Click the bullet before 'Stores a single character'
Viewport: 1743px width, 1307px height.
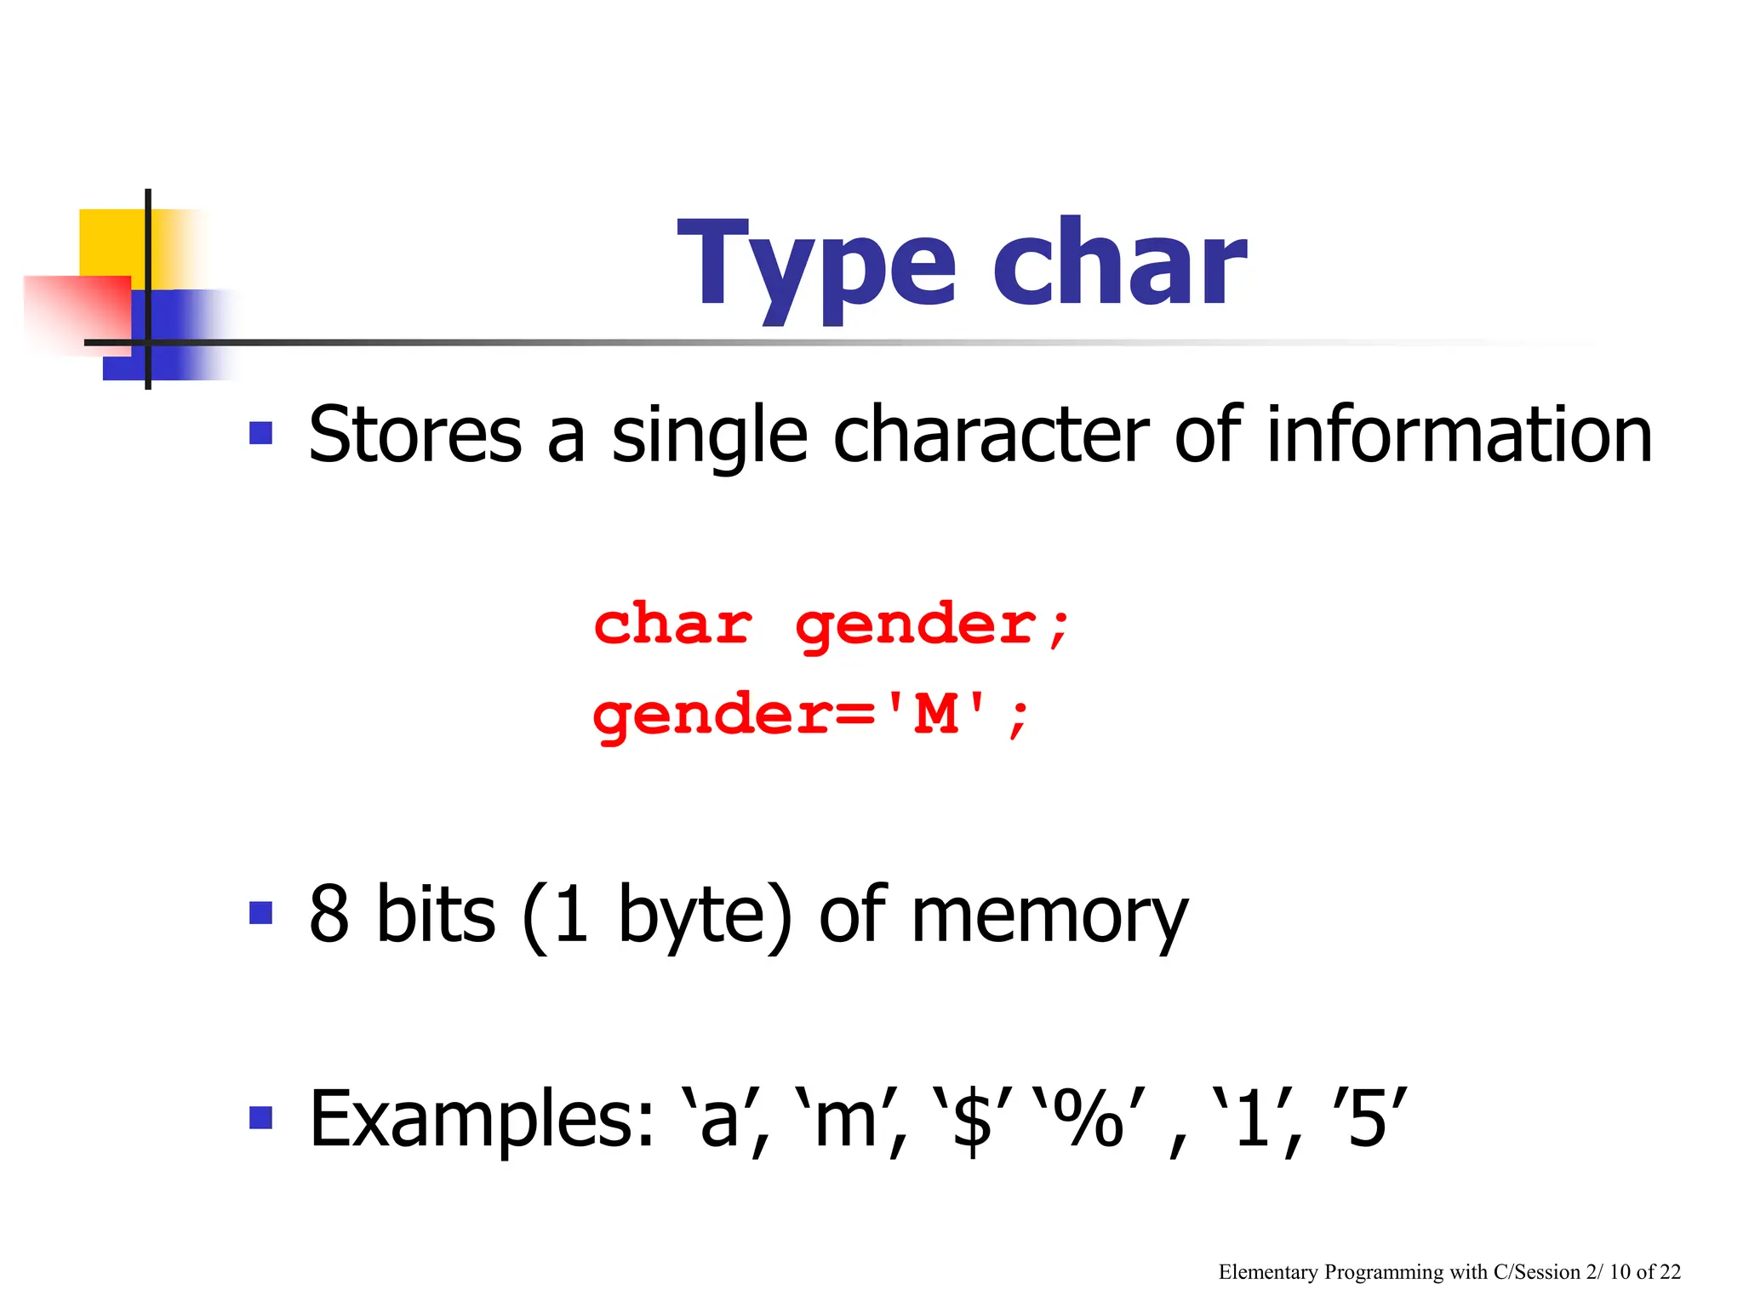(260, 434)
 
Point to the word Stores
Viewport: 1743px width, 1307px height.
(414, 436)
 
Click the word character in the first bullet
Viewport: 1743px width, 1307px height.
(991, 436)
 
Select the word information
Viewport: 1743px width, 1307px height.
(1459, 436)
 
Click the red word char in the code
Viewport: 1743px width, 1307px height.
(672, 625)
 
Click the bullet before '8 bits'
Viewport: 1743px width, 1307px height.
(260, 913)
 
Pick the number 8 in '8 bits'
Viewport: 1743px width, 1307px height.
(329, 915)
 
